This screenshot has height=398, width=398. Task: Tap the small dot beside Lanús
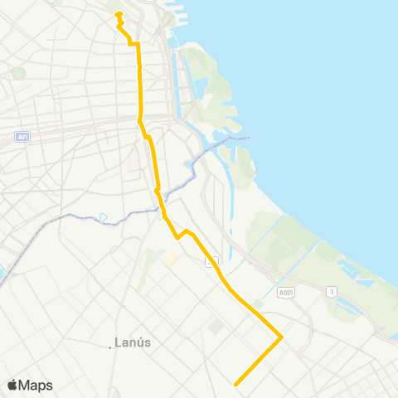point(110,347)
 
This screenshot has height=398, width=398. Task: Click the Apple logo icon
point(12,385)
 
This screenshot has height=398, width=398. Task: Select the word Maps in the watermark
point(36,385)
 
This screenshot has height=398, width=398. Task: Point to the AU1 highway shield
point(22,137)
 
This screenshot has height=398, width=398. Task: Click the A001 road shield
point(286,292)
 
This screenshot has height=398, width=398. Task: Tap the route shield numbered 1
point(332,291)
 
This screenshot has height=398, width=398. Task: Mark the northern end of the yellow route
point(119,14)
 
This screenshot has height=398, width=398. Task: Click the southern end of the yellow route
point(236,384)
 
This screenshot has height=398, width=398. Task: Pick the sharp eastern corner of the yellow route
point(282,337)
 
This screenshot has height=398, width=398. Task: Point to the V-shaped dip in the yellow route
point(177,238)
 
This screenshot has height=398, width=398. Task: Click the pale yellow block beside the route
point(171,258)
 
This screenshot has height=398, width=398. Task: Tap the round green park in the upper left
point(18,73)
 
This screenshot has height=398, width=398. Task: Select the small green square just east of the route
point(216,328)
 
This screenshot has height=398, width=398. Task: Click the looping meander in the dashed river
point(104,218)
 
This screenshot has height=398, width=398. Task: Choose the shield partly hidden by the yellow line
point(212,261)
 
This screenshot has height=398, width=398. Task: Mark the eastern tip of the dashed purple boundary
point(249,138)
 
